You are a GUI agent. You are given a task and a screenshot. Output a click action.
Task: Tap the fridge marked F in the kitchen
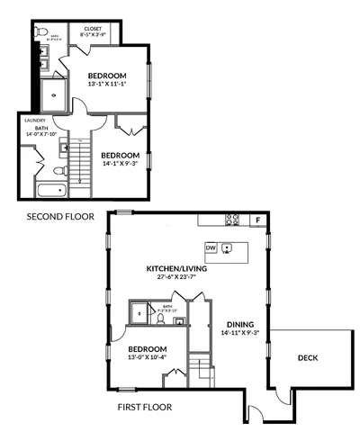(x=257, y=220)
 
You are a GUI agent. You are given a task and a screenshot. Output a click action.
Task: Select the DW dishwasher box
(x=210, y=247)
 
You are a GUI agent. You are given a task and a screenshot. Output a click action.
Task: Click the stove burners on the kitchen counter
(x=231, y=219)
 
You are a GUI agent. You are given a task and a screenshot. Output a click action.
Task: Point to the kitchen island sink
(x=228, y=247)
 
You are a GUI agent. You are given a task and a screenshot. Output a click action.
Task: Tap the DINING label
(x=240, y=324)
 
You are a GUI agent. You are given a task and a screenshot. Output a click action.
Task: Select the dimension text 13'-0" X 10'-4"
(x=148, y=358)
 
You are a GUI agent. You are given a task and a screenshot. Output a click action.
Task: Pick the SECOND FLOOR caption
(x=61, y=217)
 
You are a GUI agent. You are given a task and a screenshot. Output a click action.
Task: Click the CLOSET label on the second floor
(x=93, y=29)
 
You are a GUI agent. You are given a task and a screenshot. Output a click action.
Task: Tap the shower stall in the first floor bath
(x=139, y=313)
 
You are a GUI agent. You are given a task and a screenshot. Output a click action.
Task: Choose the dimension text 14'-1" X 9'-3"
(x=119, y=163)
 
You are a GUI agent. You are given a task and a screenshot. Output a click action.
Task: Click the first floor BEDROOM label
(x=147, y=349)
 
